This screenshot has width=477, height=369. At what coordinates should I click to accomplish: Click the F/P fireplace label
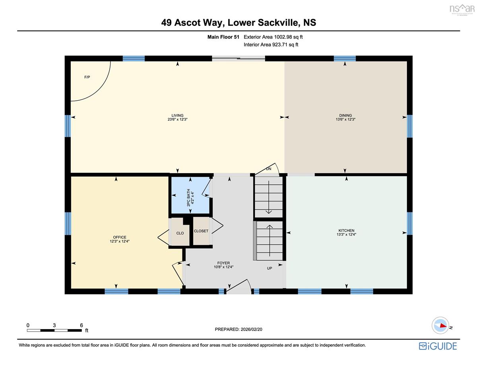point(87,77)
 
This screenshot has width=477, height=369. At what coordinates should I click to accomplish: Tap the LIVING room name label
point(177,115)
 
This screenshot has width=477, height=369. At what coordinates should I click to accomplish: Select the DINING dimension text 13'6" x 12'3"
point(345,119)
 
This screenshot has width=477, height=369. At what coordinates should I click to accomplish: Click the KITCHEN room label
point(346,230)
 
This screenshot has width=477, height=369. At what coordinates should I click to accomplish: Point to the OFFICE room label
point(120,237)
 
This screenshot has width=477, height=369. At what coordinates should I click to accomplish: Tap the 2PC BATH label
point(188,197)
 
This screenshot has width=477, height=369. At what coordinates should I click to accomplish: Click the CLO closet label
point(180,233)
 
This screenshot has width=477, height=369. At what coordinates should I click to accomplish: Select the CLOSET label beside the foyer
point(201,231)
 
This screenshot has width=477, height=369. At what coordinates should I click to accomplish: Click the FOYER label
point(223,263)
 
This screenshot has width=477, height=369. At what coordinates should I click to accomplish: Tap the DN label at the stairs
point(269,169)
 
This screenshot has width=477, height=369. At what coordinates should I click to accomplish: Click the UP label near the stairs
point(270,268)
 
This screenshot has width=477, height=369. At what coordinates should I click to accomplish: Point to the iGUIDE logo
point(438,346)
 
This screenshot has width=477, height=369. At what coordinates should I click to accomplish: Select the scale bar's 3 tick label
point(54,325)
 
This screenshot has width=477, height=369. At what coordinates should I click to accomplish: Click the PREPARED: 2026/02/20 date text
point(238,329)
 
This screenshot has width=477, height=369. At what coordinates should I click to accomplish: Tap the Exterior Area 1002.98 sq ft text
point(273,37)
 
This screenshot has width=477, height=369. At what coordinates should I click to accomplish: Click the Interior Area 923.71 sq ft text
point(271,45)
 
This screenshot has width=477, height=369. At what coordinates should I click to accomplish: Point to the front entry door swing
point(239,286)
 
